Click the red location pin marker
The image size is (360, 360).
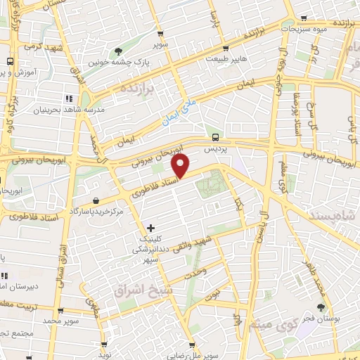181,167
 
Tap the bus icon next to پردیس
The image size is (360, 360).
214,138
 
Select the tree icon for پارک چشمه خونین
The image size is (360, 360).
118,51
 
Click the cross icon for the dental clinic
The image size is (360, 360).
150,229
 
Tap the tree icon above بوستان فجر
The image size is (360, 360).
321,307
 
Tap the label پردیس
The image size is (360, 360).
212,150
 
